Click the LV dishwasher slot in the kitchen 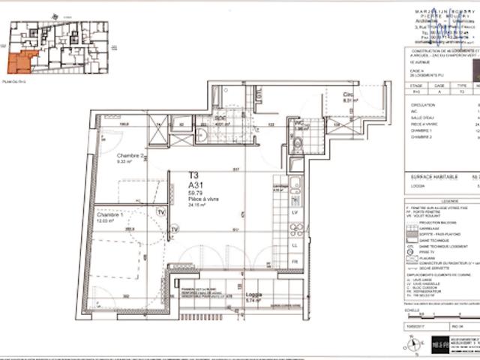click(294, 213)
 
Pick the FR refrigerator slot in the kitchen click(294, 261)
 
